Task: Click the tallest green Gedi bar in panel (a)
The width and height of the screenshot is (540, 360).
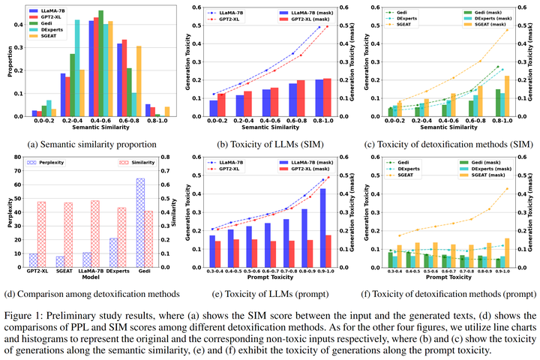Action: pos(101,64)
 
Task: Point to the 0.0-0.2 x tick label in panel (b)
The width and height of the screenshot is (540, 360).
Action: pos(197,122)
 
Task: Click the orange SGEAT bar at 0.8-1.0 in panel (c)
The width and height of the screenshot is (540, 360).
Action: pos(507,96)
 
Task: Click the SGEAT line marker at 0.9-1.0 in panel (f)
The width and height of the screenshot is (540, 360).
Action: pos(506,189)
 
